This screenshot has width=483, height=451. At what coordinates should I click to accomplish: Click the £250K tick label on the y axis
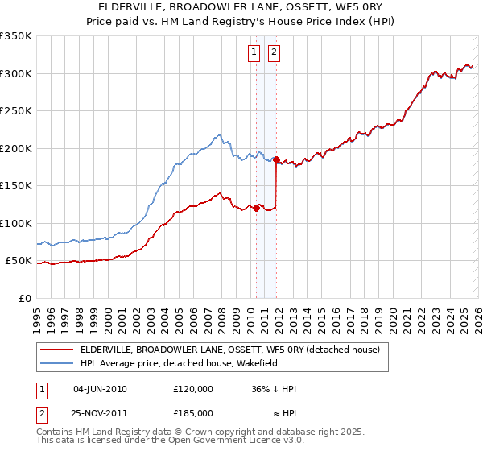tap(16, 110)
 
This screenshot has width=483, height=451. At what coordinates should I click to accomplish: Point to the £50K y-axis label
tap(19, 261)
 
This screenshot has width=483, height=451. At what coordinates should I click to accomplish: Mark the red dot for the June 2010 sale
tap(257, 208)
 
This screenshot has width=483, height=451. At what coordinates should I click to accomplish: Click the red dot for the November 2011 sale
tap(277, 159)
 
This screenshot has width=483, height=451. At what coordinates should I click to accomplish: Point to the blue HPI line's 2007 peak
tap(219, 134)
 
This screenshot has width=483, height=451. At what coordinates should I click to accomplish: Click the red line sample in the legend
tap(57, 349)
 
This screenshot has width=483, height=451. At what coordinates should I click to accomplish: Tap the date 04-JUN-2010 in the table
tap(100, 388)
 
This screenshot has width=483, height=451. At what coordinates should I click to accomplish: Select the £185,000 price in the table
tap(193, 412)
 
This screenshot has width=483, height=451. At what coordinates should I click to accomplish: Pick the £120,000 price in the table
tap(193, 388)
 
